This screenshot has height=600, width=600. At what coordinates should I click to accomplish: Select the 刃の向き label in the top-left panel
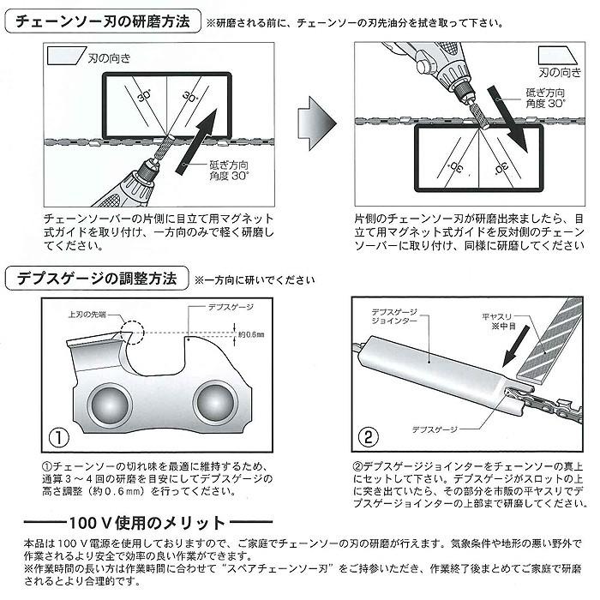click(108, 58)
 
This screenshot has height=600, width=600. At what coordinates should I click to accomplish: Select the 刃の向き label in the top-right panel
click(557, 73)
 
